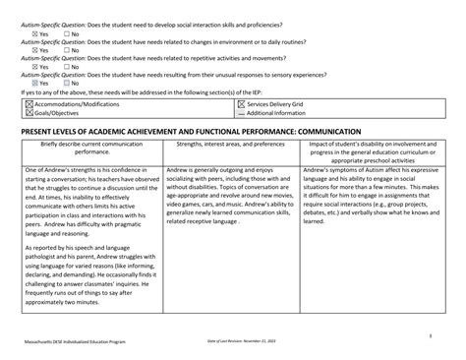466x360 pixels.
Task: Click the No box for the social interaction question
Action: click(67, 33)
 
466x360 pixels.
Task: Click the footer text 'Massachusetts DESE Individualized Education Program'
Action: click(77, 340)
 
